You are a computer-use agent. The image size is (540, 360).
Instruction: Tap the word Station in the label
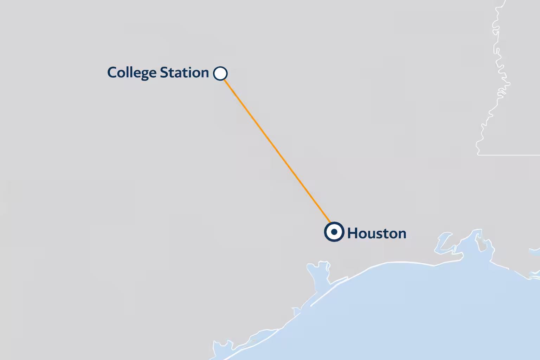pyautogui.click(x=184, y=73)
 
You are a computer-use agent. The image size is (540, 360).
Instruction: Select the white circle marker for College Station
pyautogui.click(x=220, y=73)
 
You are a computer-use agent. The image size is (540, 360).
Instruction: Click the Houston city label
pyautogui.click(x=377, y=233)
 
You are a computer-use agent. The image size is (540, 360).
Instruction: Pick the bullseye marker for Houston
pyautogui.click(x=334, y=232)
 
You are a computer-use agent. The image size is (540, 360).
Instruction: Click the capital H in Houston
pyautogui.click(x=352, y=233)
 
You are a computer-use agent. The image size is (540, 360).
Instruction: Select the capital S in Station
pyautogui.click(x=164, y=73)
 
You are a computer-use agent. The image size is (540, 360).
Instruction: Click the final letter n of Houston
pyautogui.click(x=402, y=234)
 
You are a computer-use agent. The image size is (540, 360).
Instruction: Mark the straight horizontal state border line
pyautogui.click(x=510, y=155)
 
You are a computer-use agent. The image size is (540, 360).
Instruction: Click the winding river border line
pyautogui.click(x=499, y=70)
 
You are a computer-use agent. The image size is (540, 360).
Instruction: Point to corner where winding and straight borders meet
pyautogui.click(x=478, y=154)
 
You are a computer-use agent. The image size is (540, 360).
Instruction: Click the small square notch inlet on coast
pyautogui.click(x=296, y=311)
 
